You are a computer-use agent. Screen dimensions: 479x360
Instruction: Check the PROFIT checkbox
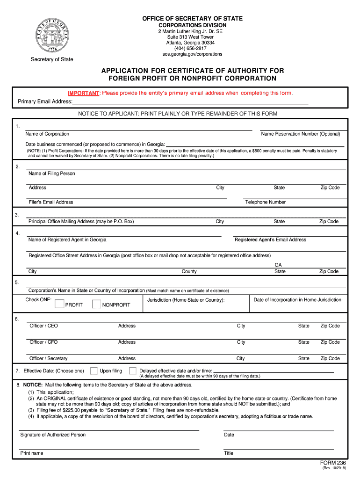[59, 304]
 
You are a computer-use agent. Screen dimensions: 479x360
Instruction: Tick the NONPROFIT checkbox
[96, 304]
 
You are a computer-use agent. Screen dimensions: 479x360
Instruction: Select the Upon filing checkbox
[94, 371]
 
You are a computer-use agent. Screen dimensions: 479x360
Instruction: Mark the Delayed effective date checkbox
[133, 371]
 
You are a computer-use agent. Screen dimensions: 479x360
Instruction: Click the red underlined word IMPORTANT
[83, 93]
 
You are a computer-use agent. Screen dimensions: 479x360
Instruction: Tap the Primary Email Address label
[45, 102]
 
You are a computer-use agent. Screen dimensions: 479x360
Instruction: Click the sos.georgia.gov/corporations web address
[192, 54]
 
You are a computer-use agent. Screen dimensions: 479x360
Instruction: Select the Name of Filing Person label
[51, 174]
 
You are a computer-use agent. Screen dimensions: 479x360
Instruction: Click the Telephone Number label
[265, 202]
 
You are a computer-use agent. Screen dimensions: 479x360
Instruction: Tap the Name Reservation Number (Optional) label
[301, 134]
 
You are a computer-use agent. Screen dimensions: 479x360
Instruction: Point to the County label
[189, 271]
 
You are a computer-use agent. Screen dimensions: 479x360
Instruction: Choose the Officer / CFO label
[43, 342]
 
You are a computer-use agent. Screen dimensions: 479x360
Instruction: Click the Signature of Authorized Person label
[53, 435]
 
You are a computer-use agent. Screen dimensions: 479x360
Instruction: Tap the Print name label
[32, 453]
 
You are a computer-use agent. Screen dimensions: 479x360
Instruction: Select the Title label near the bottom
[229, 453]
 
